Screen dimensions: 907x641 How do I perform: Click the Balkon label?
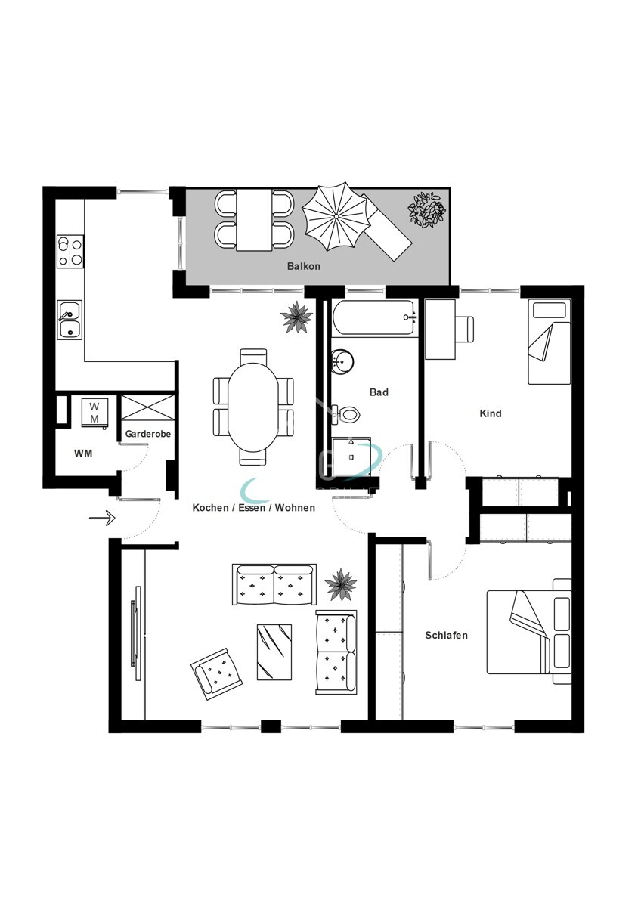click(x=303, y=266)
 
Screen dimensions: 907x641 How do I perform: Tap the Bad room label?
click(x=379, y=392)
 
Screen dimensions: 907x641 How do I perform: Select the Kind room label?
click(x=491, y=413)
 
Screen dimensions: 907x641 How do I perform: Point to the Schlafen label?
click(x=446, y=635)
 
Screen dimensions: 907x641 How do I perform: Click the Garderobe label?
click(x=148, y=435)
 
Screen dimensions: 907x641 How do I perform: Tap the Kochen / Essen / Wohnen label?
click(x=253, y=508)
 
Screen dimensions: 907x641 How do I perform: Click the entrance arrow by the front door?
click(x=101, y=519)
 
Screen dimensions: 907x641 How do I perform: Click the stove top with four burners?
click(x=70, y=251)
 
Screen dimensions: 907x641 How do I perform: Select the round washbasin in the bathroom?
click(x=342, y=362)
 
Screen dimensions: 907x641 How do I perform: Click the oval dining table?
click(x=253, y=407)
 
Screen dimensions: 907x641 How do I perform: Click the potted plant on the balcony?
click(x=428, y=210)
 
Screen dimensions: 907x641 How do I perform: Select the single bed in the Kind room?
click(x=549, y=341)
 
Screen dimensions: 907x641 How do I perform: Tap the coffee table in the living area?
click(x=274, y=652)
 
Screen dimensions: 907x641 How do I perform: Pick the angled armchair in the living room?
click(x=219, y=670)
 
